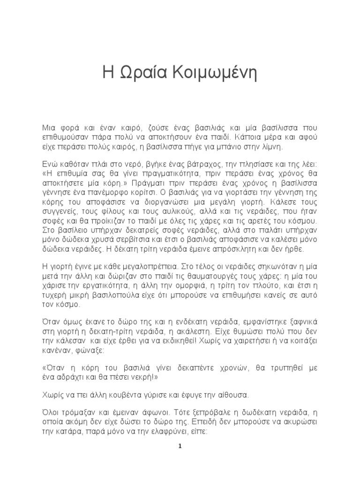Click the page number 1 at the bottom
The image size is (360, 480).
coord(180,446)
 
